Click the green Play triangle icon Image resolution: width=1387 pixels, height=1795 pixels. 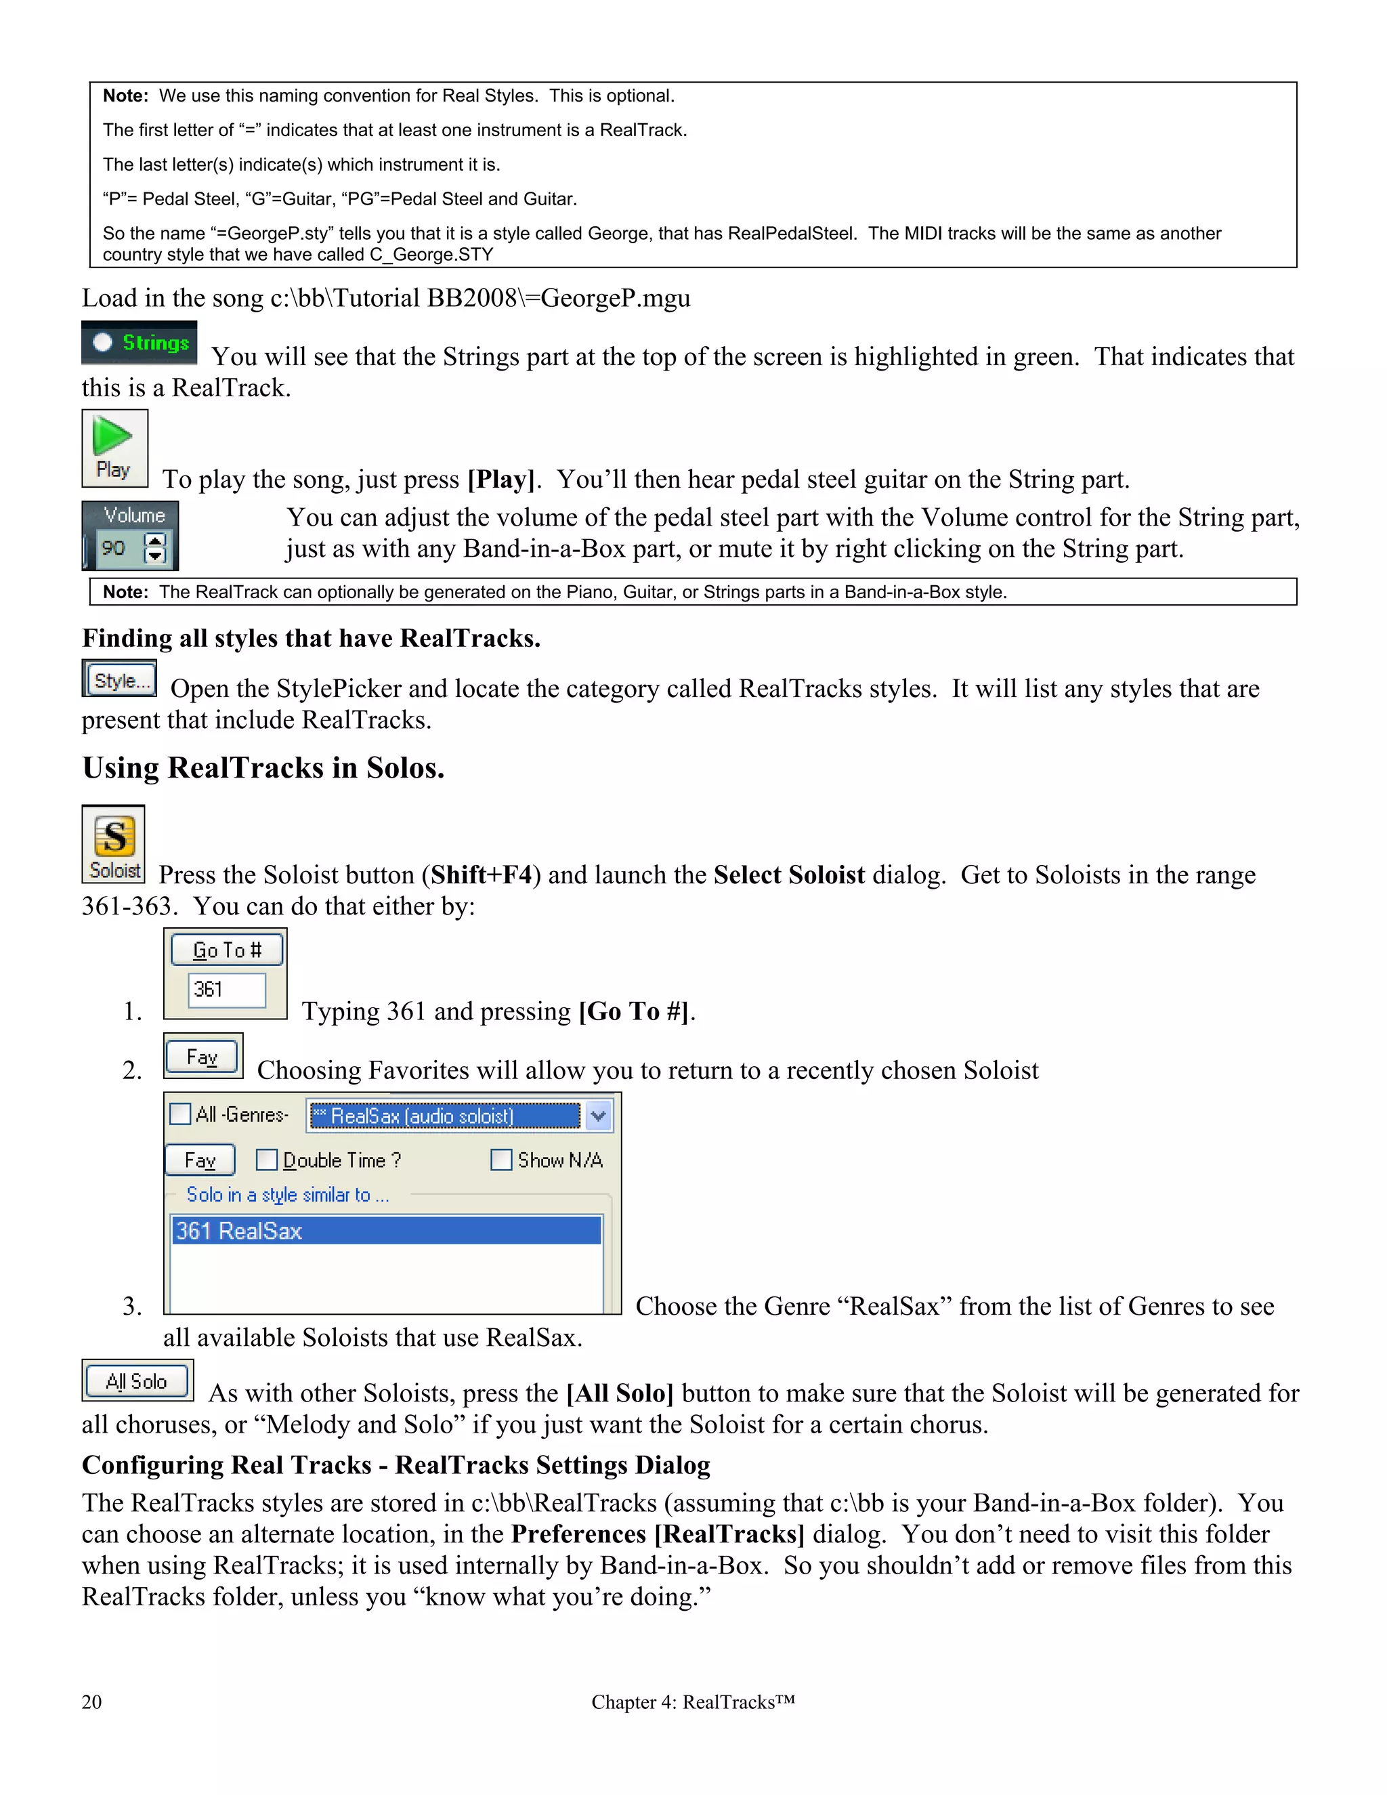coord(112,436)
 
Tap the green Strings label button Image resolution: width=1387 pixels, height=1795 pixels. coord(154,343)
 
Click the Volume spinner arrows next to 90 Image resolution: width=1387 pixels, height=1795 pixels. coord(154,547)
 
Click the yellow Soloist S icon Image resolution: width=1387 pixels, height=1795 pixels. coord(114,837)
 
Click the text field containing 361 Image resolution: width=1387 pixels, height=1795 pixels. coord(226,990)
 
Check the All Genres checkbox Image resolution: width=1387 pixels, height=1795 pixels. coord(180,1114)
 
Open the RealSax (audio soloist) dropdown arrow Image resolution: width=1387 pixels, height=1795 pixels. coord(598,1116)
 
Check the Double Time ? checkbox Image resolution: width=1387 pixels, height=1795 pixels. coord(266,1160)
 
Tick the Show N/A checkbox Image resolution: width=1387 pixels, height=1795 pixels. coord(500,1160)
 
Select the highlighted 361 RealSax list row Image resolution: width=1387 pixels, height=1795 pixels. coord(386,1230)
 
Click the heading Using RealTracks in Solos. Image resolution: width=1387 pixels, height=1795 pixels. coord(263,767)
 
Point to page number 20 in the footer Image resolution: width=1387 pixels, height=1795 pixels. coord(91,1702)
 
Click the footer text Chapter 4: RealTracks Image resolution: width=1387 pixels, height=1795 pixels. coord(692,1702)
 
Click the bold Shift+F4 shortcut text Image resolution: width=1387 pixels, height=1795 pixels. coord(482,874)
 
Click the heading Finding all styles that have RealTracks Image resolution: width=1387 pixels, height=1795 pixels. coord(311,638)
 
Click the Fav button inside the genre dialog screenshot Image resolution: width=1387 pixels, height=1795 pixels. coord(200,1160)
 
